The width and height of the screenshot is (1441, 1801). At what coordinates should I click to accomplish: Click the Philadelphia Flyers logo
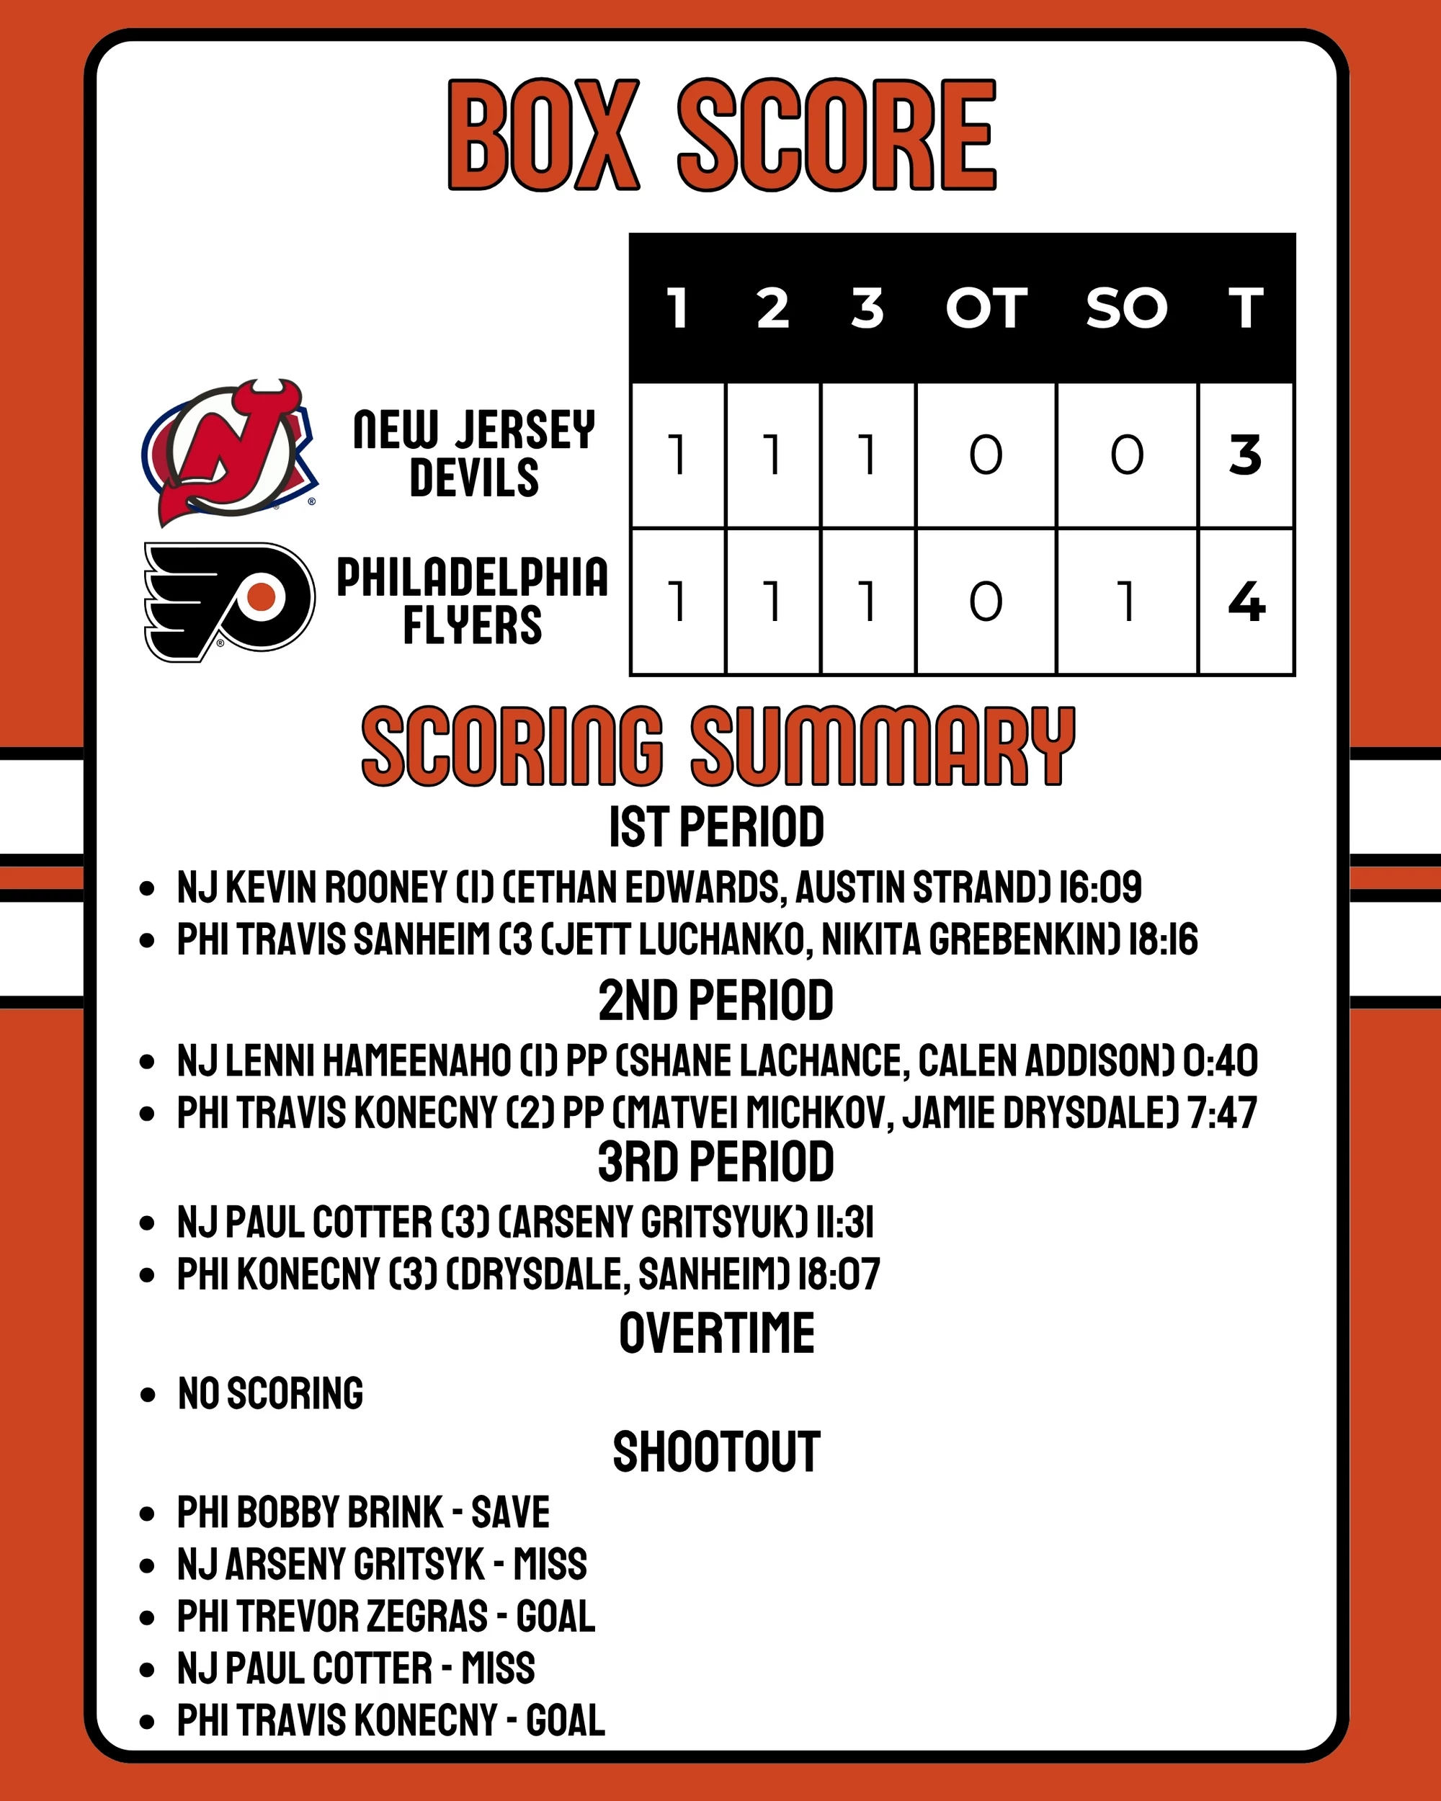point(230,602)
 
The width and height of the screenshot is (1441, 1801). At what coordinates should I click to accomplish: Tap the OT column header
point(986,308)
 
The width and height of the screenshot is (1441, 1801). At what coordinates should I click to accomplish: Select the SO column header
point(1126,308)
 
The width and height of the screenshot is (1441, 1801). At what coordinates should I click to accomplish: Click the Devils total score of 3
point(1245,455)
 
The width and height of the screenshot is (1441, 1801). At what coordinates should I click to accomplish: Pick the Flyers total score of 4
point(1246,602)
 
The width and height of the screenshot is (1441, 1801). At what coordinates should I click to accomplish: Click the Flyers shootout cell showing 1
point(1126,602)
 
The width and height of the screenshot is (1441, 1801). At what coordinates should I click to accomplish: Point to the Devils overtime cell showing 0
point(986,455)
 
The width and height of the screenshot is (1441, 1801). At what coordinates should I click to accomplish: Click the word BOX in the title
point(543,135)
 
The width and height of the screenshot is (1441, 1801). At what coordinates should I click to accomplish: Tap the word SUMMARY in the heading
point(882,746)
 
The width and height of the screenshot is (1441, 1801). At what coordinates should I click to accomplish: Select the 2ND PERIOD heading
point(716,1001)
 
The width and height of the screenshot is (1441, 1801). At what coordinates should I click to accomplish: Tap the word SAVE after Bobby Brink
point(510,1512)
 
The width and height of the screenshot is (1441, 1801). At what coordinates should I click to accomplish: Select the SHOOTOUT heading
point(716,1452)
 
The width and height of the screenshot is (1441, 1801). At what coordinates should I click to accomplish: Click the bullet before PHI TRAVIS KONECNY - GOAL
point(148,1721)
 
